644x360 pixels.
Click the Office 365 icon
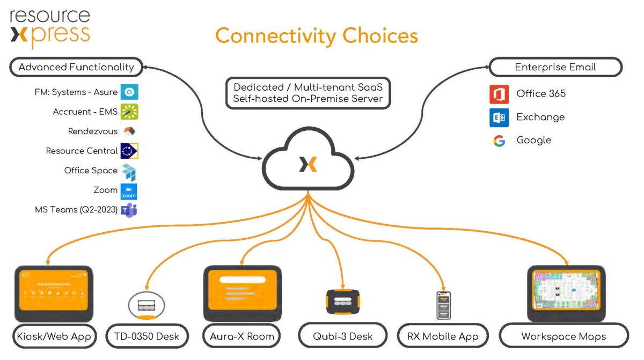click(499, 94)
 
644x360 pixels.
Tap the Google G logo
click(499, 141)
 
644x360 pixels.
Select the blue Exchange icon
click(499, 117)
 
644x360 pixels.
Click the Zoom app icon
click(129, 191)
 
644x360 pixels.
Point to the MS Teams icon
click(129, 210)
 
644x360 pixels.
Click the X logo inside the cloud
click(308, 164)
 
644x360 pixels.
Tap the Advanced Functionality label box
click(76, 68)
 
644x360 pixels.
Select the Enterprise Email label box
click(555, 68)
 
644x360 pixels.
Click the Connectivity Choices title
click(317, 36)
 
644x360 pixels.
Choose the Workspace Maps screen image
click(566, 293)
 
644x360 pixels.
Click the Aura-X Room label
click(242, 337)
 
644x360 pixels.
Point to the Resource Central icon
click(129, 151)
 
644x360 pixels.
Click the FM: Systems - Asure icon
click(129, 92)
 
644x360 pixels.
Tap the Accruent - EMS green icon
click(129, 112)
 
